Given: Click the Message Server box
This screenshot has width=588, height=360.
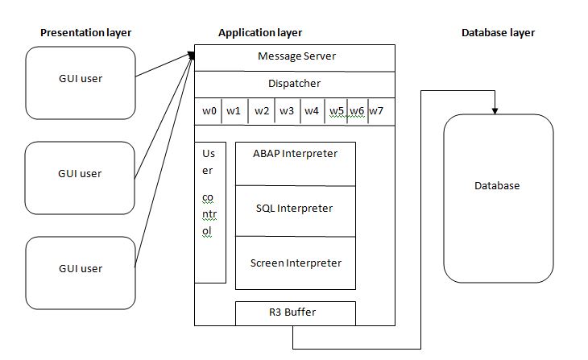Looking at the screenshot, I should coord(296,57).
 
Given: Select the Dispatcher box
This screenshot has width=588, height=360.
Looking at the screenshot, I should coord(296,84).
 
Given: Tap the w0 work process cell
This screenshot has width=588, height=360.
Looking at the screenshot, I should coord(209,111).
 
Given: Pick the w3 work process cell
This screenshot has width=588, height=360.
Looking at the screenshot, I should coord(287,111).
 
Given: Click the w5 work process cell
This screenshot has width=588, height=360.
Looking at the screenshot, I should coord(337,111).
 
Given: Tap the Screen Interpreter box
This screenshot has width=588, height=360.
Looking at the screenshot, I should coord(295,263).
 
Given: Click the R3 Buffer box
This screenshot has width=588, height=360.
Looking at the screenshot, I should coord(295,312).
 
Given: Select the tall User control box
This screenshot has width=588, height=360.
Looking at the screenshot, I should coord(210,213).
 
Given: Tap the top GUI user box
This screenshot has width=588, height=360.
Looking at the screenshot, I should coord(80,79).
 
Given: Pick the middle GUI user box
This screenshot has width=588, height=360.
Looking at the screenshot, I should coord(80,174).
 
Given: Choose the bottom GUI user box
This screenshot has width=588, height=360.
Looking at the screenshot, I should coord(80,268).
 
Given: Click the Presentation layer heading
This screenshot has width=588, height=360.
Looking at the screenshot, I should coord(85,33).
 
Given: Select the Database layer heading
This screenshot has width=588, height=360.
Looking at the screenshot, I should coord(498,33).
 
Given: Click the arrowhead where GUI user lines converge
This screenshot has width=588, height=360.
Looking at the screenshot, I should coord(192,55).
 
